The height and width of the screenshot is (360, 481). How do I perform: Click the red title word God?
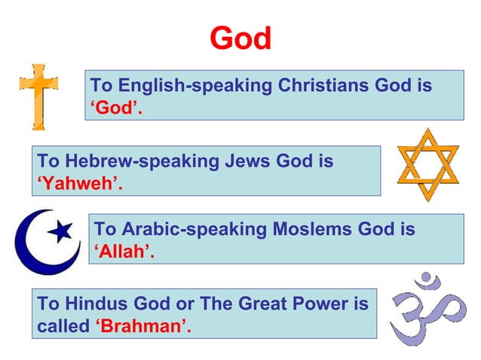240,38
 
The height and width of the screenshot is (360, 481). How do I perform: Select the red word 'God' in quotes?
117,108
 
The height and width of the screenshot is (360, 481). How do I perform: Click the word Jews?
246,160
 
